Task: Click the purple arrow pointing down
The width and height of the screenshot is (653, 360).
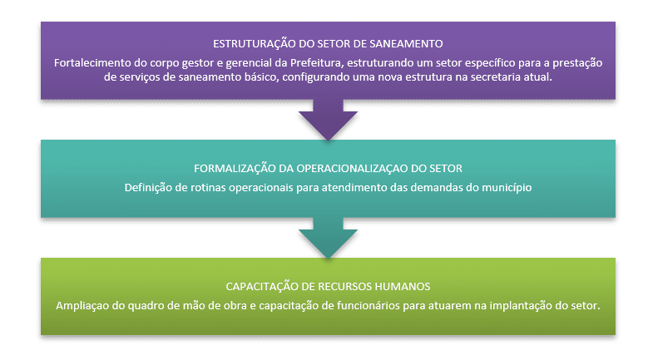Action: (x=328, y=120)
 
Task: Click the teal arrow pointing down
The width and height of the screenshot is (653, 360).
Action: (x=328, y=238)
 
